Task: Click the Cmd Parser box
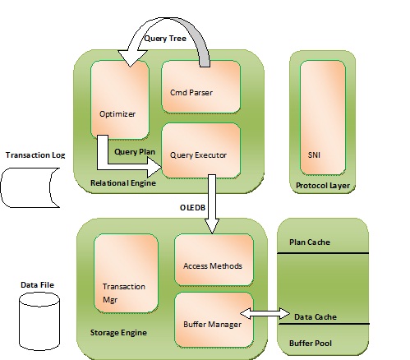pyautogui.click(x=200, y=86)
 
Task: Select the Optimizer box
pyautogui.click(x=120, y=99)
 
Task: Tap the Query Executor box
pyautogui.click(x=200, y=150)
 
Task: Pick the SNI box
pyautogui.click(x=323, y=118)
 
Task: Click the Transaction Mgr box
pyautogui.click(x=126, y=273)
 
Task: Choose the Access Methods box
pyautogui.click(x=214, y=260)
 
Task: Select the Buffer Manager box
pyautogui.click(x=214, y=320)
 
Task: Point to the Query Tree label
pyautogui.click(x=165, y=39)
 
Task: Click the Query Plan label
pyautogui.click(x=135, y=152)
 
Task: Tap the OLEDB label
pyautogui.click(x=192, y=208)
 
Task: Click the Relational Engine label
pyautogui.click(x=123, y=183)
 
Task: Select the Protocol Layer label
pyautogui.click(x=323, y=186)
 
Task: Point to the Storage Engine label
pyautogui.click(x=118, y=333)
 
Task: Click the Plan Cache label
pyautogui.click(x=310, y=242)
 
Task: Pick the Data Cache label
pyautogui.click(x=316, y=317)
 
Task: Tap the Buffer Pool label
pyautogui.click(x=311, y=344)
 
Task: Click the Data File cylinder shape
pyautogui.click(x=39, y=321)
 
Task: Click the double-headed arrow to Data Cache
pyautogui.click(x=265, y=313)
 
